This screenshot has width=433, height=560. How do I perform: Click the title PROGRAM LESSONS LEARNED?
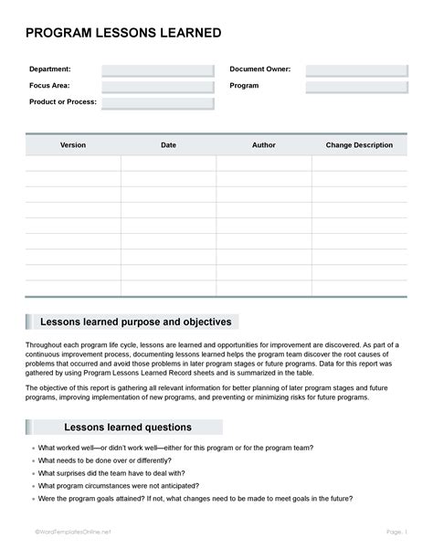tap(123, 34)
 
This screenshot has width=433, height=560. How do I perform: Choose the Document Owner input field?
tap(356, 69)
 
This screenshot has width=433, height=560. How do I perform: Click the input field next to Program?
tap(356, 86)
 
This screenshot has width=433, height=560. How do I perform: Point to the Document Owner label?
tap(260, 69)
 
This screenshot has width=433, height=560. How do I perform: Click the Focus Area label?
tap(49, 86)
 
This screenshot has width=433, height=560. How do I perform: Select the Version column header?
tap(73, 144)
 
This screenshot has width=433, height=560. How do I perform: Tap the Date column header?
tap(168, 144)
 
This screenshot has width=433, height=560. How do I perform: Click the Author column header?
tap(263, 144)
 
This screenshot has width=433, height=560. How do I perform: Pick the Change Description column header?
tap(359, 144)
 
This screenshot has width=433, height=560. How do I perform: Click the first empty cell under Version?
tap(73, 164)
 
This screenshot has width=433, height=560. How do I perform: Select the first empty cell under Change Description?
tap(359, 164)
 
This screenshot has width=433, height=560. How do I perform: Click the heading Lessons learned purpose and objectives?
tap(137, 322)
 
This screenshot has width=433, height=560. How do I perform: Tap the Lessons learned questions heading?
tap(128, 428)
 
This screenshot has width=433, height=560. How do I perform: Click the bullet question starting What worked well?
tap(176, 448)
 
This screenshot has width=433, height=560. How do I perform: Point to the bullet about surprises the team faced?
tap(111, 473)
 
